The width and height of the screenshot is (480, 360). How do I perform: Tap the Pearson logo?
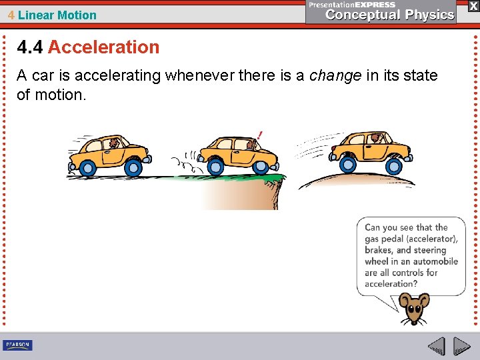pos(17,345)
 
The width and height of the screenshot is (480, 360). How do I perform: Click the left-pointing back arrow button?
pos(436,346)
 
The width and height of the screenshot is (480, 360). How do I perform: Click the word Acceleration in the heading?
pos(103,47)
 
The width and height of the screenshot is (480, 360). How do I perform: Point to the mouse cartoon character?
pos(413,309)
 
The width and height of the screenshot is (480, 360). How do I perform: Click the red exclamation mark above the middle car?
pos(259,135)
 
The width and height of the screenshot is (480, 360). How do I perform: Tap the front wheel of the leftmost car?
pos(133,167)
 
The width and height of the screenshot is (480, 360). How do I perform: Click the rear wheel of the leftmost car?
pos(86,165)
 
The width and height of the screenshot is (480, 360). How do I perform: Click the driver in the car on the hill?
pos(377,139)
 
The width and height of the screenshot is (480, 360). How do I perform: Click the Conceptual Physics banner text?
pos(390,15)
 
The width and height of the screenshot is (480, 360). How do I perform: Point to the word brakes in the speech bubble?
pos(377,250)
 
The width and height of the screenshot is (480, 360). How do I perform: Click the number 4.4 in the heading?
pos(30,47)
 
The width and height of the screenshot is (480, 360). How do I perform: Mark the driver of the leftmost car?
pos(115,143)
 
